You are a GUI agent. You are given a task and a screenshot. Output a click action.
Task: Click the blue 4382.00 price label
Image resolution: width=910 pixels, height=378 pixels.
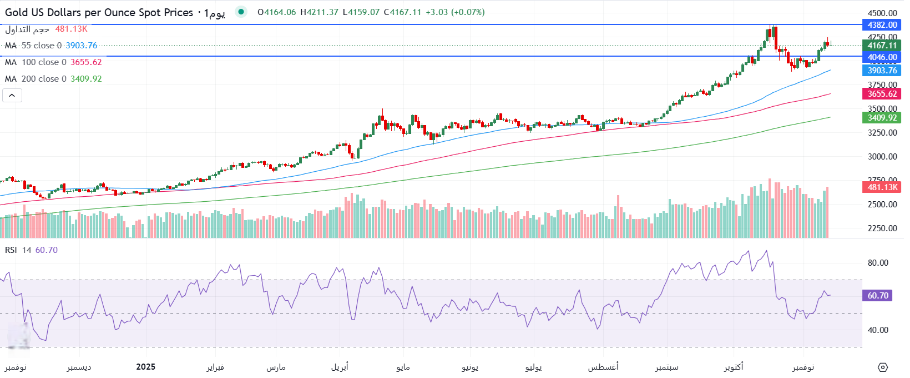[x=882, y=24]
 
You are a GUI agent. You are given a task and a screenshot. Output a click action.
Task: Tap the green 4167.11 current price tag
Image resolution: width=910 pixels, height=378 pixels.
[x=882, y=46]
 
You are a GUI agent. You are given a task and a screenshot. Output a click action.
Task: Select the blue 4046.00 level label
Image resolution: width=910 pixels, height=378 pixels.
[x=882, y=57]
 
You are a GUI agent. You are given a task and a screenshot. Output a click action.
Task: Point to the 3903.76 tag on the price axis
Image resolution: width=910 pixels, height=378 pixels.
[x=882, y=70]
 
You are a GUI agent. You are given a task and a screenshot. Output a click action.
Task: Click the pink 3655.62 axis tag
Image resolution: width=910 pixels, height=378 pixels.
[x=882, y=94]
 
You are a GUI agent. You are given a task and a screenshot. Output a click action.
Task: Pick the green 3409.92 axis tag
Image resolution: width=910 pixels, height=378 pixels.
[x=882, y=117]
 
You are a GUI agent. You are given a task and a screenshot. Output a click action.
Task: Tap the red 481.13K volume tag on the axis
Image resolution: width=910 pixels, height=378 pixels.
[x=882, y=187]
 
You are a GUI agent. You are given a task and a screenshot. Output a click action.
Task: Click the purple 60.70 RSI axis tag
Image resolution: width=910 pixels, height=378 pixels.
[x=877, y=296]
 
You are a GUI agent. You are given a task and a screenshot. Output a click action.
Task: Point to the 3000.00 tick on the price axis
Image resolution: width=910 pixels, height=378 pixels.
[x=882, y=157]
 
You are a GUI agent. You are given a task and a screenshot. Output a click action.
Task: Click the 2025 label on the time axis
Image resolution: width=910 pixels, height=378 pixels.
[x=146, y=367]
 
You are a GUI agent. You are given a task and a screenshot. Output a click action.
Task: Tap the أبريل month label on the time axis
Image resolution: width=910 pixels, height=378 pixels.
[x=340, y=367]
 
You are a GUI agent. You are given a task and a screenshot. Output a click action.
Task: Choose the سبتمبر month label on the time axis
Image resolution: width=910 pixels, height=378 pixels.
[x=666, y=367]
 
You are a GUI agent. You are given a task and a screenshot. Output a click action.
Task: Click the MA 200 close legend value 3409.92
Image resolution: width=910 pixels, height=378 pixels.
[x=86, y=79]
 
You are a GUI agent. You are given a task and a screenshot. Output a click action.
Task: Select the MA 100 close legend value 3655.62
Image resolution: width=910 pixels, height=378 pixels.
[x=86, y=62]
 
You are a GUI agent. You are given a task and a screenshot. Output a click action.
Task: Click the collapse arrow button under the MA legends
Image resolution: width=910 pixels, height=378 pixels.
[x=12, y=96]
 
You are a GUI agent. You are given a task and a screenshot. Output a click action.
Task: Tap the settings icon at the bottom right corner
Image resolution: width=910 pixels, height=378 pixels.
[x=883, y=367]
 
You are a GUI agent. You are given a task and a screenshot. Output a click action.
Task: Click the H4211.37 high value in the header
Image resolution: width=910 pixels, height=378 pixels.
[x=319, y=12]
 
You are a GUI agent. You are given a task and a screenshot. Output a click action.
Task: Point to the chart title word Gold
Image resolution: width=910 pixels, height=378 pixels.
[x=17, y=12]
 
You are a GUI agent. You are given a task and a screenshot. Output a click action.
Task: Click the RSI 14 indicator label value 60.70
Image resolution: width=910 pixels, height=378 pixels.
[x=47, y=250]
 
